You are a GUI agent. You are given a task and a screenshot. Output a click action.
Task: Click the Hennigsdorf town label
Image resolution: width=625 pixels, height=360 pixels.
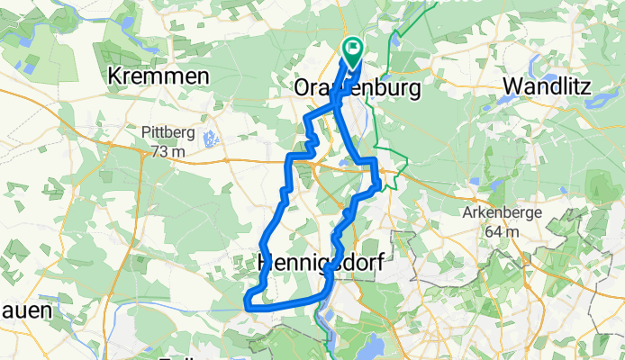(322, 263)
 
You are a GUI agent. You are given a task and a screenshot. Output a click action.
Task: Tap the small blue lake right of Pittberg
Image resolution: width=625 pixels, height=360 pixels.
(210, 139)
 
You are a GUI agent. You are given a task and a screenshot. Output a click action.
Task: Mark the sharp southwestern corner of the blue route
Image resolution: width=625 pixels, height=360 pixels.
(247, 307)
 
